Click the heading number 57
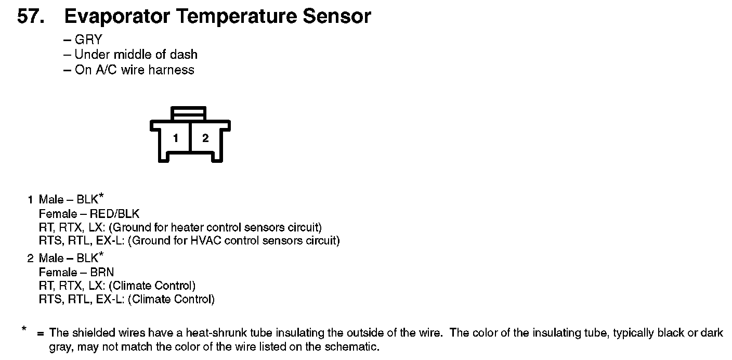[x=32, y=17]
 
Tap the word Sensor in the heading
[x=337, y=17]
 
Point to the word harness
[x=171, y=70]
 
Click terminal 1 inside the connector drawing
[x=176, y=138]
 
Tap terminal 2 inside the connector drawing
[x=205, y=138]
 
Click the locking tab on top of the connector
[x=190, y=113]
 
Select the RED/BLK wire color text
[x=114, y=214]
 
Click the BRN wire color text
[x=102, y=272]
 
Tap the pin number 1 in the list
[x=30, y=200]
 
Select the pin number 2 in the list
[x=30, y=259]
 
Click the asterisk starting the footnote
[x=24, y=329]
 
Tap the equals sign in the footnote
[x=40, y=333]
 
